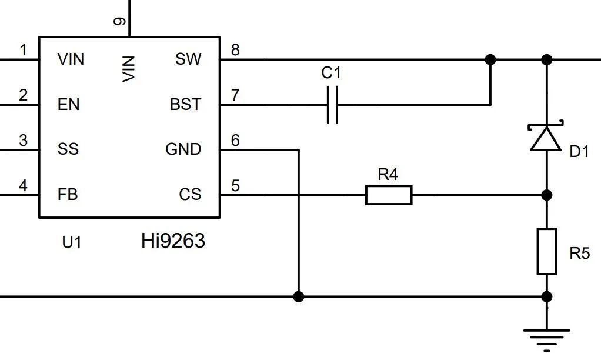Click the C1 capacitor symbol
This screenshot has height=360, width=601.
point(333,105)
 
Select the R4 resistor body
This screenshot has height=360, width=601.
point(389,195)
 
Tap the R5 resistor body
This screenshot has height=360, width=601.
point(547,252)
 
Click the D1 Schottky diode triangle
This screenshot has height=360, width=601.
point(546,138)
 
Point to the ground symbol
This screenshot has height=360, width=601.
point(547,339)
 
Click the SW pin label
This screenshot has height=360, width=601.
point(188,59)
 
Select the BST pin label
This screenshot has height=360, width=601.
point(185,104)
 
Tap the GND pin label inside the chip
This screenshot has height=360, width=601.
point(183,149)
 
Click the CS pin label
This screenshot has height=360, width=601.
point(190,194)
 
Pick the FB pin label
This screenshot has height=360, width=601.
point(68,194)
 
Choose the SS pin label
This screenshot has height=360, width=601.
point(68,149)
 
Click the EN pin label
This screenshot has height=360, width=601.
point(69,104)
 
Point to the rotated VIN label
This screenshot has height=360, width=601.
point(129,69)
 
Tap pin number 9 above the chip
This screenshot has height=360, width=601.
point(120,21)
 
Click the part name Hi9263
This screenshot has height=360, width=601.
point(173,241)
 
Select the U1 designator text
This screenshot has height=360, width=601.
point(72,242)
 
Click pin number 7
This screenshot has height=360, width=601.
point(235,95)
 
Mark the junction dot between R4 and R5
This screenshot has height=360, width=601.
point(547,195)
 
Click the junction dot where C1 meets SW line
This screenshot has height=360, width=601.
point(490,60)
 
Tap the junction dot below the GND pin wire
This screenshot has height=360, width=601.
point(299,296)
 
